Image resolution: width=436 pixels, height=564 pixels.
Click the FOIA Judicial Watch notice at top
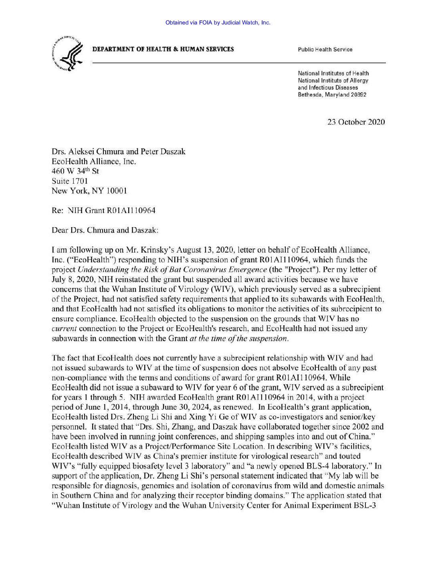[x=218, y=22]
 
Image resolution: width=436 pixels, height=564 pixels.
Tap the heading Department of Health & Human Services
[x=163, y=49]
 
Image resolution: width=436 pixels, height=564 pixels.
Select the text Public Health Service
[x=325, y=50]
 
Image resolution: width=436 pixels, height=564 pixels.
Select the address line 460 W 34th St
[x=75, y=171]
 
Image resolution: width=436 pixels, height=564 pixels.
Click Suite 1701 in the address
[x=70, y=181]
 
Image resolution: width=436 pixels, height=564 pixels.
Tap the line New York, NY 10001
[x=89, y=191]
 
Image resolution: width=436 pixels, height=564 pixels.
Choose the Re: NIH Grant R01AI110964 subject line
[x=104, y=210]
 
